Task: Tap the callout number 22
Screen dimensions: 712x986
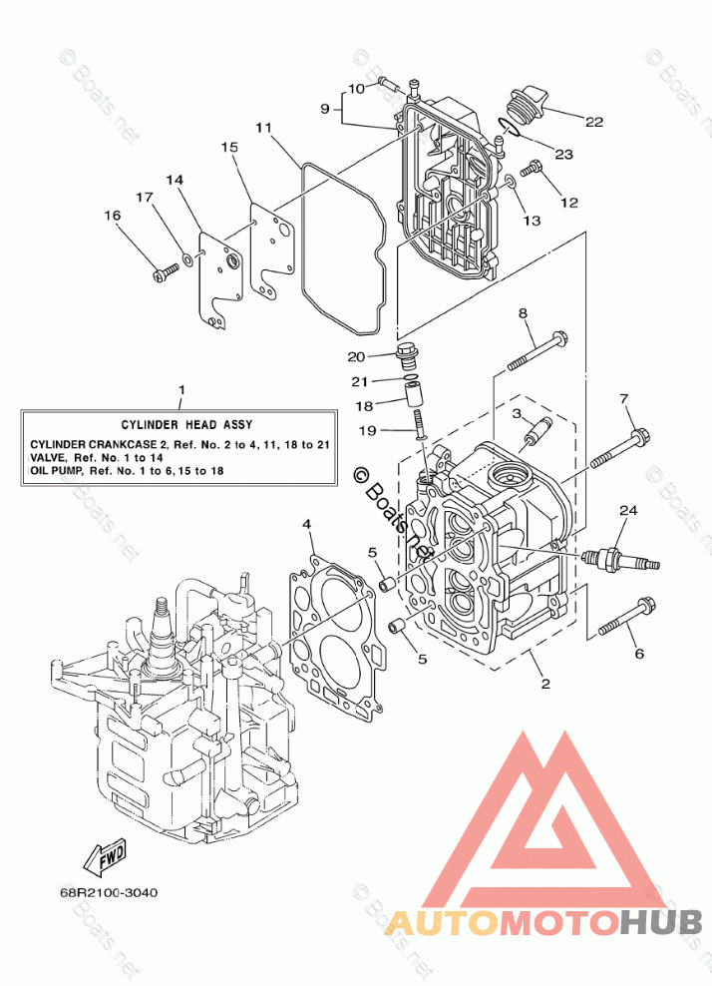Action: [594, 122]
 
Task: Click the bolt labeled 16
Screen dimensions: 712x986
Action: [166, 271]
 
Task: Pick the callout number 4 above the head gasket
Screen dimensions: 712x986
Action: [306, 523]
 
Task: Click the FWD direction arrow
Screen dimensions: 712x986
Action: [106, 855]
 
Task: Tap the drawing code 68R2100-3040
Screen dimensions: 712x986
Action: [109, 892]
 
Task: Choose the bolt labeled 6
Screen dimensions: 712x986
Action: [626, 617]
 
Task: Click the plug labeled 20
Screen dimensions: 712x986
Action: [405, 355]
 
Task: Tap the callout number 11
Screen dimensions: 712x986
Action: [263, 128]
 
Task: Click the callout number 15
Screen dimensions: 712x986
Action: [229, 147]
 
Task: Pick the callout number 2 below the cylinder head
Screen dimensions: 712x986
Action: [545, 683]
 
